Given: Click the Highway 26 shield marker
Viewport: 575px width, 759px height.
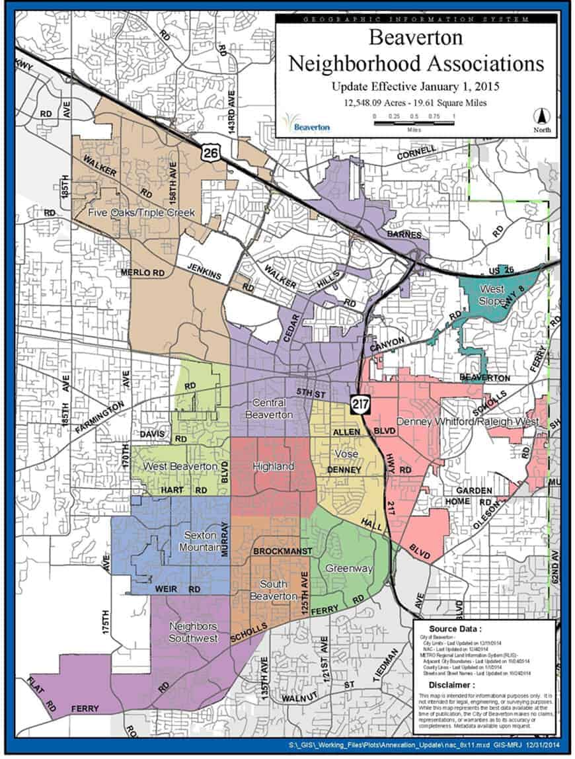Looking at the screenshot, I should tap(210, 153).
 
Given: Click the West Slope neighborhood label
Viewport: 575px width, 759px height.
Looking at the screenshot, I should tap(492, 296).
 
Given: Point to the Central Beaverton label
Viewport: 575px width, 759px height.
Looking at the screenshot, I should tap(270, 409).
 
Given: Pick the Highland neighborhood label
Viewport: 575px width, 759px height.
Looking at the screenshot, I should tap(274, 467).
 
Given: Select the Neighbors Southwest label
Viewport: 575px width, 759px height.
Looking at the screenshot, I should tap(193, 632).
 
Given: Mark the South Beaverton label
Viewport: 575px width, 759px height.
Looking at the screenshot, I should tap(272, 590).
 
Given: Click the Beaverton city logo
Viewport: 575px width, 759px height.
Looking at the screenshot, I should tap(305, 122).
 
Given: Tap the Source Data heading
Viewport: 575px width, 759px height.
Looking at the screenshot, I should tap(455, 628).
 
